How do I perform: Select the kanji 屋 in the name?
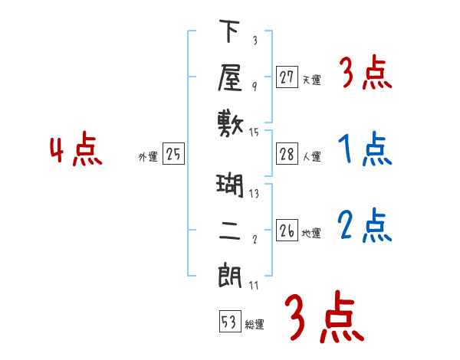pyautogui.click(x=231, y=77)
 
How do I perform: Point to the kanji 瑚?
pyautogui.click(x=231, y=186)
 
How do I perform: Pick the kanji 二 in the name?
pyautogui.click(x=231, y=230)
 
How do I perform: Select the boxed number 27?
pyautogui.click(x=287, y=77)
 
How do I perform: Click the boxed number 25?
pyautogui.click(x=173, y=155)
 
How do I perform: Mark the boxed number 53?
pyautogui.click(x=229, y=322)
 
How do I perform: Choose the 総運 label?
pyautogui.click(x=255, y=325)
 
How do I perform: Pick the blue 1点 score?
pyautogui.click(x=364, y=149)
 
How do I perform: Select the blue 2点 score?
pyautogui.click(x=364, y=225)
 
